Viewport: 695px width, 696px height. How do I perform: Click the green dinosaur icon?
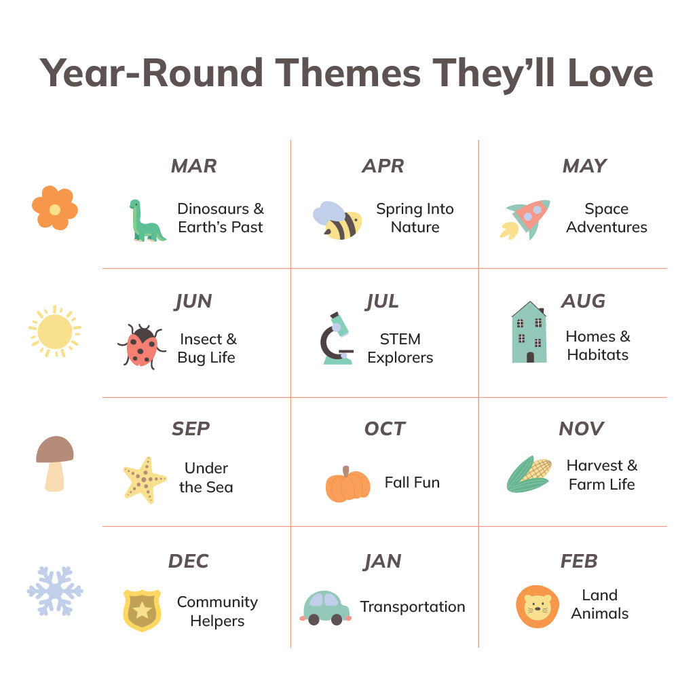(145, 221)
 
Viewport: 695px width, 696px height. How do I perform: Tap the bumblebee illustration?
(337, 221)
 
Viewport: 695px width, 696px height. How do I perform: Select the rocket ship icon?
(525, 220)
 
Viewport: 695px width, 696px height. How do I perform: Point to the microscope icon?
(337, 338)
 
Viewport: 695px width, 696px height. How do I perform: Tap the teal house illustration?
(529, 332)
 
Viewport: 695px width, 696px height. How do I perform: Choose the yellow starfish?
(145, 480)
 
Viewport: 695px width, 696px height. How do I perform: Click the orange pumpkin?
(347, 485)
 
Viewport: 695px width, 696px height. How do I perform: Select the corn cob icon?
(529, 474)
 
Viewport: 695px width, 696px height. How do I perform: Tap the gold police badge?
(142, 610)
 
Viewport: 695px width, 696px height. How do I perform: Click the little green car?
(325, 608)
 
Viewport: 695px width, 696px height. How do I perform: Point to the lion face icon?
(538, 607)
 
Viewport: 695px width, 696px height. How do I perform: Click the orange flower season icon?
(55, 208)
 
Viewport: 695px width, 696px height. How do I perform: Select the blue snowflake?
(55, 591)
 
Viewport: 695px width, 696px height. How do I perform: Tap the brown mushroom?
(55, 463)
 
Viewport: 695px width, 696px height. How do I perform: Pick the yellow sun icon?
(55, 331)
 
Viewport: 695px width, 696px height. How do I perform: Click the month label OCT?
(385, 428)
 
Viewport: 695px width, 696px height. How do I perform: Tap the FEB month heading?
(579, 561)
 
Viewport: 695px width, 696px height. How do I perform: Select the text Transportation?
(412, 607)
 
